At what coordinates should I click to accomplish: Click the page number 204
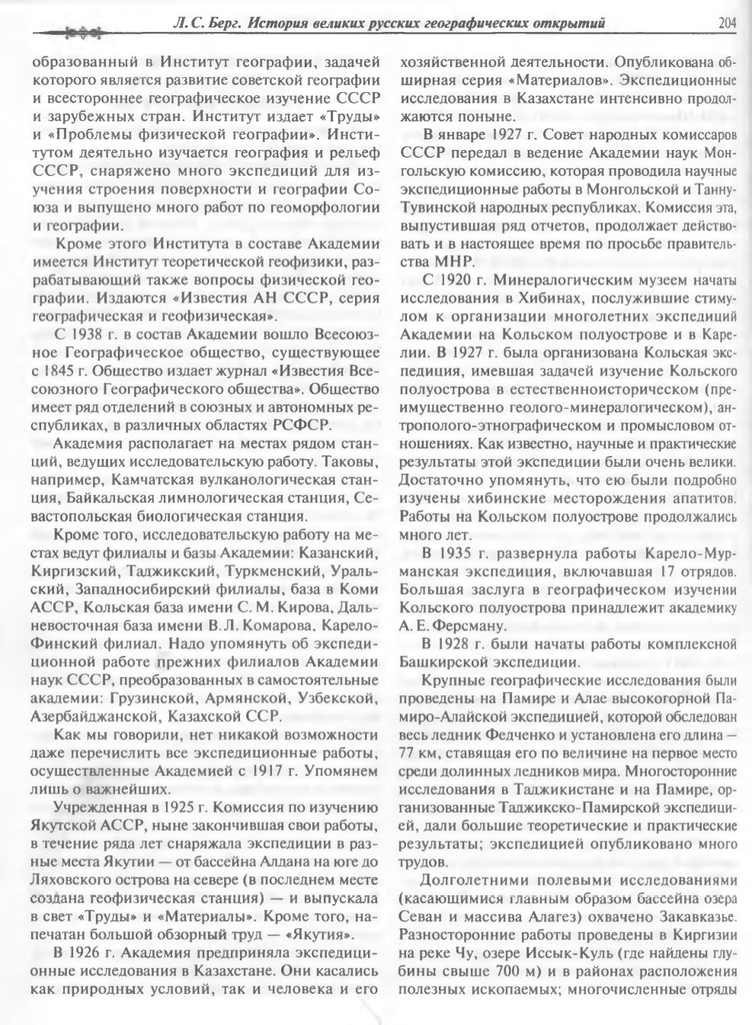coord(727,23)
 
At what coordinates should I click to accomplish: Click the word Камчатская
coord(152,480)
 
